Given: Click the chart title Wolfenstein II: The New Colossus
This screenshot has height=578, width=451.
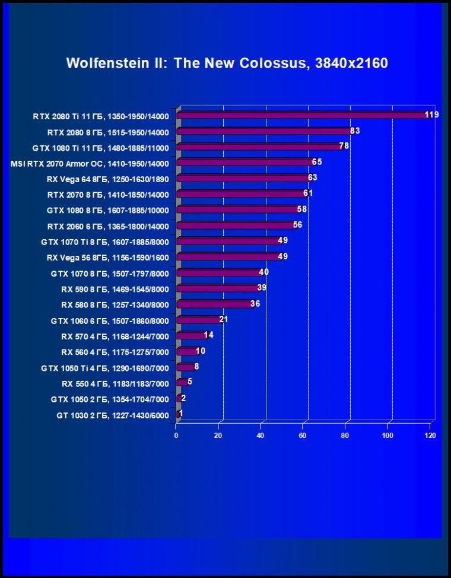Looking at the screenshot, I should coord(227,63).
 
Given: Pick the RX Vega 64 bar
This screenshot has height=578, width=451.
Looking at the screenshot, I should coord(243,178).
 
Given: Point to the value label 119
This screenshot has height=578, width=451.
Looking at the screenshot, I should coord(431,115).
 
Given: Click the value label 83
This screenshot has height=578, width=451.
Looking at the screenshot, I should coord(355,131).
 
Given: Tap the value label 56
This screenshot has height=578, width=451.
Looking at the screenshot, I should coord(298,225).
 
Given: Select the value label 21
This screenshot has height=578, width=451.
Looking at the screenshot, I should coord(224,319).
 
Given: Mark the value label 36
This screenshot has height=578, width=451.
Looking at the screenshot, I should coord(255,304).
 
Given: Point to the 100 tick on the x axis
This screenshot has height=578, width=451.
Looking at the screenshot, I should coord(388,436).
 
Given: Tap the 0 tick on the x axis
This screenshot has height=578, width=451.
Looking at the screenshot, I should coord(176,436).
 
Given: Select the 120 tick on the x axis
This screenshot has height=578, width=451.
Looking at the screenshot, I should coord(430,436).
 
